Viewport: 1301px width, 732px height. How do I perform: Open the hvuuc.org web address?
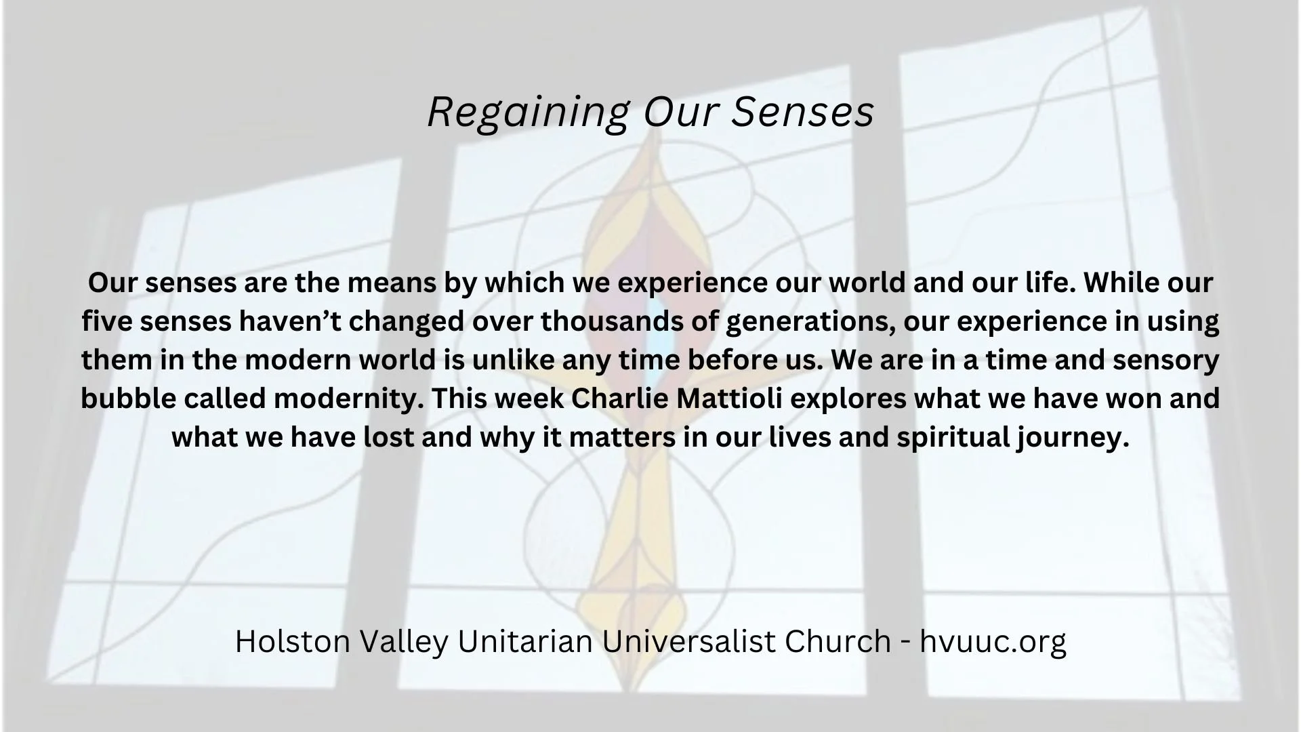tap(993, 641)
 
